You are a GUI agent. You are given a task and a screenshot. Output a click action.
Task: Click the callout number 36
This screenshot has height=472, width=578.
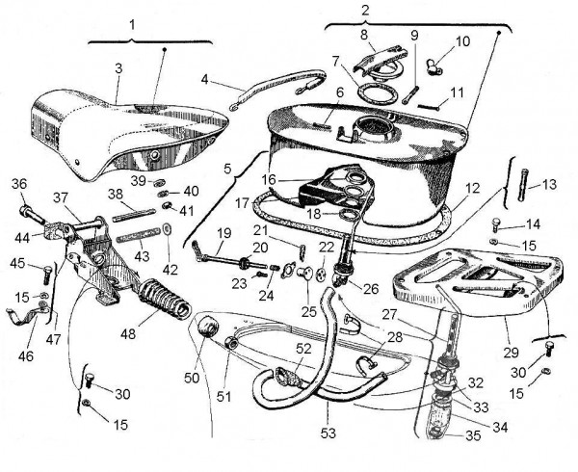point(18,185)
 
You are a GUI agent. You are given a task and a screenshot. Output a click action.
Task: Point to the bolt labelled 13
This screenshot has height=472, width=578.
point(526,182)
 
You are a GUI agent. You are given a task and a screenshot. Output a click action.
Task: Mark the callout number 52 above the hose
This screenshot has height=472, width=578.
point(303,348)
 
